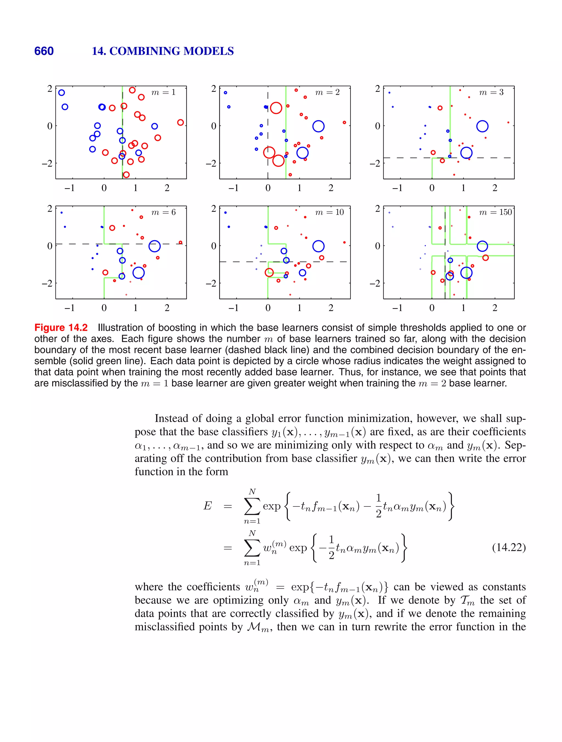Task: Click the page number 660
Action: (x=44, y=51)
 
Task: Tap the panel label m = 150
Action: (x=495, y=212)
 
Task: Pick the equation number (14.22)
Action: (x=508, y=547)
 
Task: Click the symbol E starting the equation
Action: (x=207, y=506)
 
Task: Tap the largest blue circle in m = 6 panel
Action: (x=154, y=246)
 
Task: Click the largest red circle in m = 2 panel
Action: (x=276, y=108)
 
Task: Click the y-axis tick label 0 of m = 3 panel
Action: (x=377, y=126)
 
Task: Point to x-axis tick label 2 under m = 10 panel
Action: (x=331, y=308)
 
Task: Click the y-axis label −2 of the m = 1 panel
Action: (x=47, y=163)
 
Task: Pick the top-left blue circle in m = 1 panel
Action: (x=61, y=93)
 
